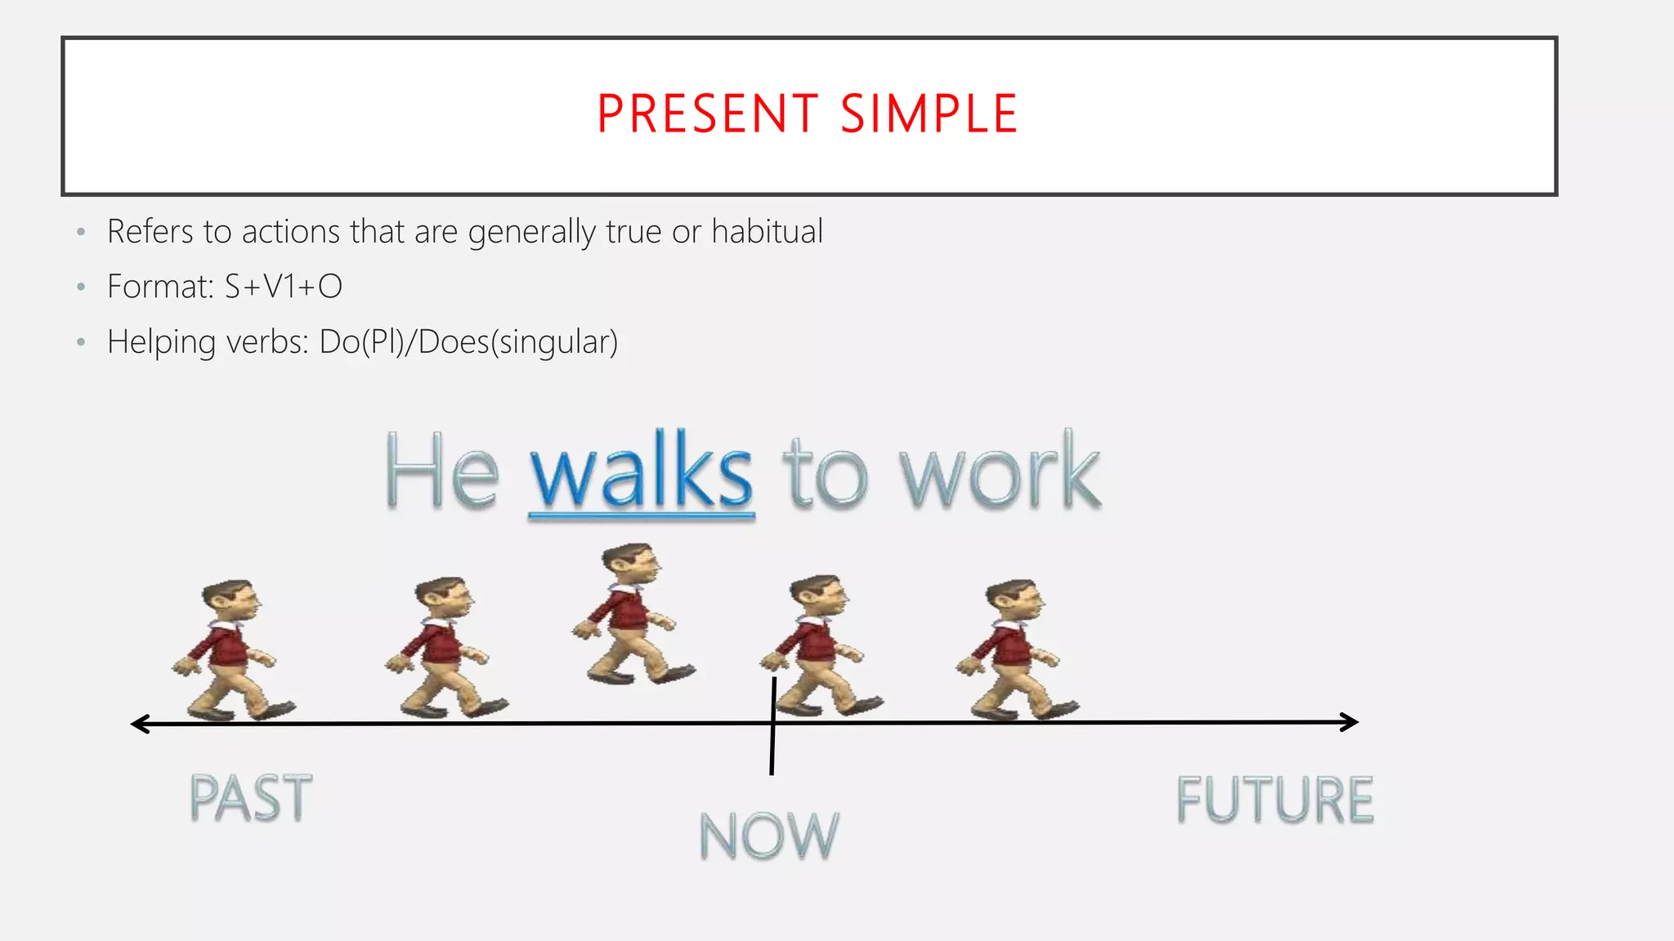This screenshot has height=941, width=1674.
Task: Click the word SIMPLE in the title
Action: click(x=929, y=114)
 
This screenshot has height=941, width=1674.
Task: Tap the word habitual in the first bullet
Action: click(x=767, y=232)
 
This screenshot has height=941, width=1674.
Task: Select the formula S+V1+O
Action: click(x=284, y=287)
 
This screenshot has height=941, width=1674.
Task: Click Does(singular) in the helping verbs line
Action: click(x=518, y=341)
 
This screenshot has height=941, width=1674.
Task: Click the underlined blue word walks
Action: click(x=642, y=473)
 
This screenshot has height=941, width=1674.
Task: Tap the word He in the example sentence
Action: click(x=441, y=473)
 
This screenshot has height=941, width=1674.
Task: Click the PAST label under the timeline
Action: click(x=250, y=798)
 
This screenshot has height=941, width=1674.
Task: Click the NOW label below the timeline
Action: click(x=769, y=836)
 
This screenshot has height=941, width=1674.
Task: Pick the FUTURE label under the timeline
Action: click(x=1274, y=800)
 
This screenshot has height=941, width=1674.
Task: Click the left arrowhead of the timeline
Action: click(x=139, y=724)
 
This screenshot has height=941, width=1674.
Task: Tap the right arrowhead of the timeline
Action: click(x=1350, y=722)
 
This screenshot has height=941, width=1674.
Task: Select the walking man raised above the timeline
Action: click(x=632, y=614)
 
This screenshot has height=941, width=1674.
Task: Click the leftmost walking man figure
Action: click(x=231, y=650)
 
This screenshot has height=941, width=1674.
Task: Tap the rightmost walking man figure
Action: click(x=1015, y=650)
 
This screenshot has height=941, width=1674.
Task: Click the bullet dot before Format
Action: click(x=80, y=288)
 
